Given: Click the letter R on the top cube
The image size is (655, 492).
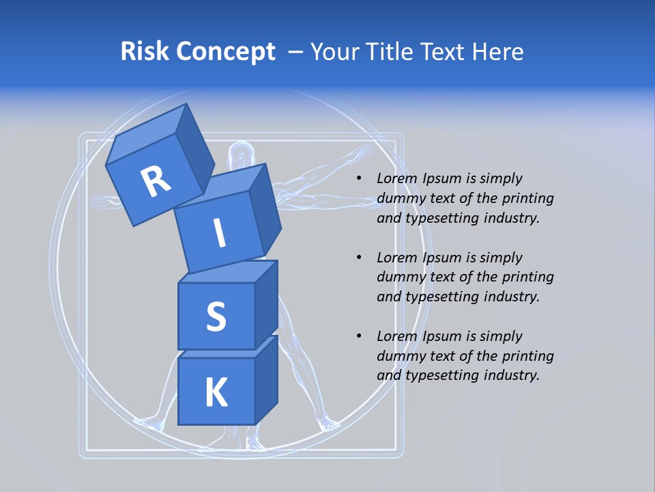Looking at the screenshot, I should (x=156, y=182).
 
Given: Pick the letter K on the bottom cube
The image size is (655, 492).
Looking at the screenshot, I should (x=216, y=392).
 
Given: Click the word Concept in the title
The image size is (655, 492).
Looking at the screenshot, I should (x=225, y=52).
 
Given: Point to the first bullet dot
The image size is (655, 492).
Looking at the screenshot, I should (x=359, y=179).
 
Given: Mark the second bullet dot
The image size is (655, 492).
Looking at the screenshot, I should (x=359, y=258).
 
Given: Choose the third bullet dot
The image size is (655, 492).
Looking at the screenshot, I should (x=359, y=337).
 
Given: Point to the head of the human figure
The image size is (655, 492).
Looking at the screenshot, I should (x=239, y=153).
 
